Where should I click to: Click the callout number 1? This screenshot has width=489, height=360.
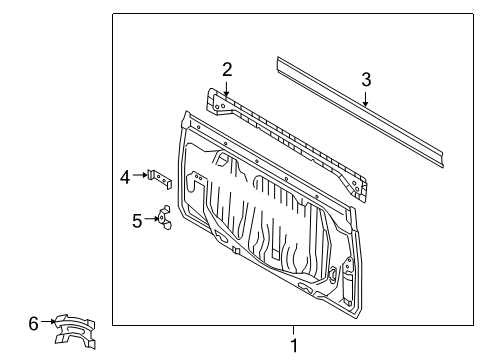point(293,345)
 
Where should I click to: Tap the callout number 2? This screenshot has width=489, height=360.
point(227,69)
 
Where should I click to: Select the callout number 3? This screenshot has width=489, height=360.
point(366,79)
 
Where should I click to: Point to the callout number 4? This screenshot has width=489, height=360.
point(125,177)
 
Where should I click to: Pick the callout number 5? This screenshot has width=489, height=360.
point(137,220)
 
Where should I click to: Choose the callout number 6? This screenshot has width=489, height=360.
point(33,322)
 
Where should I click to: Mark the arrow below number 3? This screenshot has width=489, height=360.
point(366,99)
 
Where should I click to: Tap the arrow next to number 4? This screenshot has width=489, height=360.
point(141,176)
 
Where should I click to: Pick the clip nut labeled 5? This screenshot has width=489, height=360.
point(163,218)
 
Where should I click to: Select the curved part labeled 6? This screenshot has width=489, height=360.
point(78,329)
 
